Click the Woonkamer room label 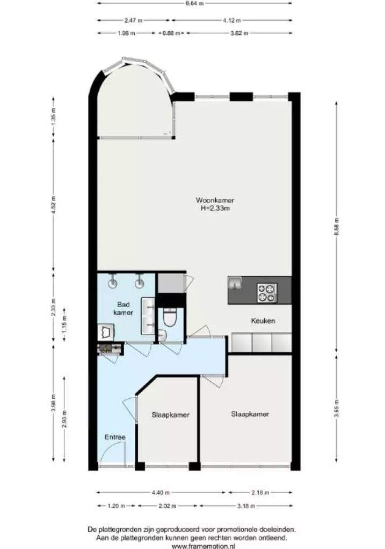(x=215, y=201)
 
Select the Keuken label (x=263, y=321)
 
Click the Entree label (x=115, y=437)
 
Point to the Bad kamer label (x=124, y=308)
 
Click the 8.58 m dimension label (x=337, y=227)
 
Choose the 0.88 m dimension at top (x=171, y=33)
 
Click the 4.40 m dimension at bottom (x=161, y=493)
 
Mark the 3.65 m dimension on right (x=337, y=409)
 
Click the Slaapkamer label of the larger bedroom (x=250, y=414)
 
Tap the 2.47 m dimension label (x=133, y=20)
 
